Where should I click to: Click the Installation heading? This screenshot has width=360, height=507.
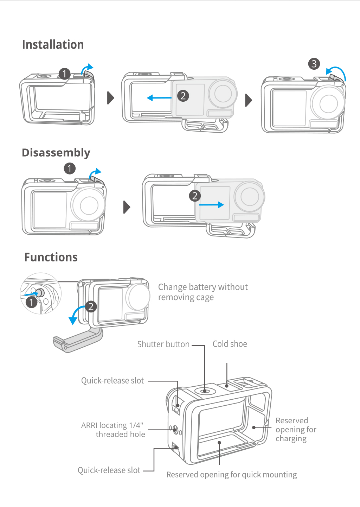pyautogui.click(x=53, y=45)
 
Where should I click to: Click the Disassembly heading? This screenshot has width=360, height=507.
pyautogui.click(x=56, y=153)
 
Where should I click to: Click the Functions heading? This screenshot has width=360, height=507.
pyautogui.click(x=51, y=257)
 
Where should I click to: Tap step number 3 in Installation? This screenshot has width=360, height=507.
pyautogui.click(x=314, y=64)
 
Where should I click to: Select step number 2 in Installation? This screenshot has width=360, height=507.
pyautogui.click(x=183, y=96)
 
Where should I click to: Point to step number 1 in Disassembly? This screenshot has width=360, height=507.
pyautogui.click(x=70, y=169)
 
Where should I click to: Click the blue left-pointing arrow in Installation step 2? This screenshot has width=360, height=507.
pyautogui.click(x=159, y=98)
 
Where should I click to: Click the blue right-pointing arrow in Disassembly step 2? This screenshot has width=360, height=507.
pyautogui.click(x=212, y=205)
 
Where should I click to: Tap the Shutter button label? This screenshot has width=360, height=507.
pyautogui.click(x=163, y=344)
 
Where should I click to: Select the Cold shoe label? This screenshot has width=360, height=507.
pyautogui.click(x=230, y=344)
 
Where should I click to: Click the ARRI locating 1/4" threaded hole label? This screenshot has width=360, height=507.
pyautogui.click(x=113, y=430)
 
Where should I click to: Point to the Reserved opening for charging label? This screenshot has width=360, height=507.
pyautogui.click(x=296, y=429)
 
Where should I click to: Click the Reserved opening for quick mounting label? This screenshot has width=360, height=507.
pyautogui.click(x=231, y=475)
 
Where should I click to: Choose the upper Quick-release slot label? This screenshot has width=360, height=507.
pyautogui.click(x=112, y=380)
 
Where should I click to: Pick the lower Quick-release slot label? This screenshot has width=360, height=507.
pyautogui.click(x=109, y=470)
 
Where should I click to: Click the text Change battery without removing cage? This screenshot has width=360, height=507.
pyautogui.click(x=202, y=292)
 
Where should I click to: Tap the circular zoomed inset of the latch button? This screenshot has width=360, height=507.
pyautogui.click(x=41, y=293)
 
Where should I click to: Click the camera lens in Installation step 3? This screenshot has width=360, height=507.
pyautogui.click(x=328, y=103)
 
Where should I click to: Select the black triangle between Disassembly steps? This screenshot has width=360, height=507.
pyautogui.click(x=127, y=207)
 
